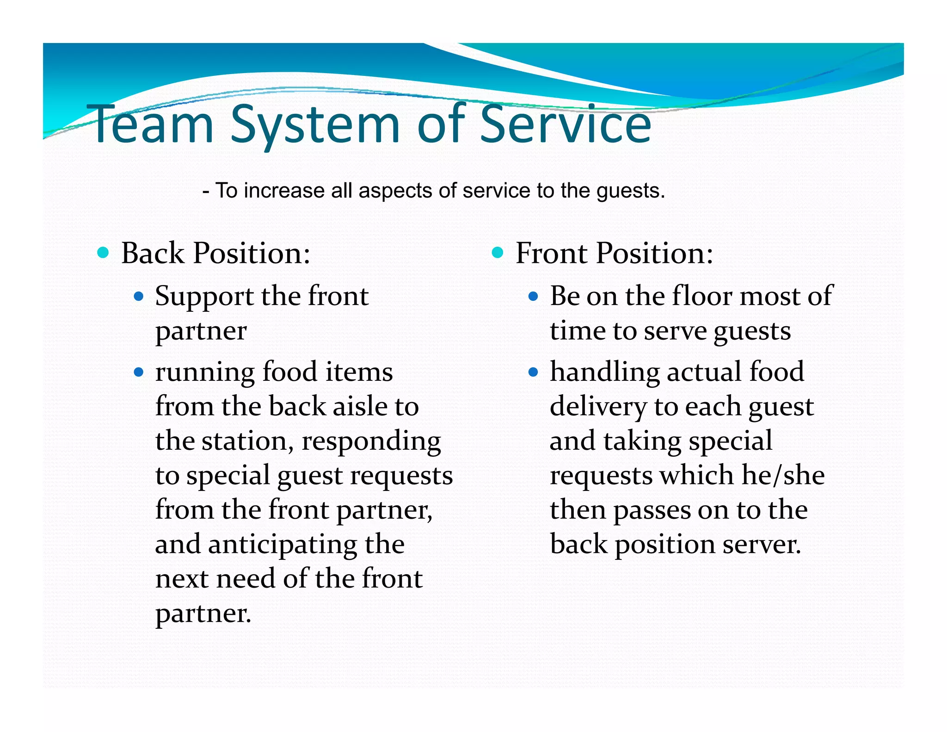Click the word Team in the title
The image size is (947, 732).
click(x=153, y=124)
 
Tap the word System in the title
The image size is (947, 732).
click(x=315, y=124)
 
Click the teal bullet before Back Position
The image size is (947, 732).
click(x=103, y=253)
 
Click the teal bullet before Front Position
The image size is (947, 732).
click(x=498, y=253)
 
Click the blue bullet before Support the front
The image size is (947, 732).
click(x=139, y=296)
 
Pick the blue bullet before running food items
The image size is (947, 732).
click(x=139, y=372)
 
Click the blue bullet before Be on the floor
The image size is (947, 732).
click(x=533, y=296)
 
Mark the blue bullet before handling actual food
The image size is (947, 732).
click(x=533, y=372)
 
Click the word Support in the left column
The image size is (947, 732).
click(x=204, y=297)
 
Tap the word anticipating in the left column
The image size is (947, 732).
click(x=282, y=545)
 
